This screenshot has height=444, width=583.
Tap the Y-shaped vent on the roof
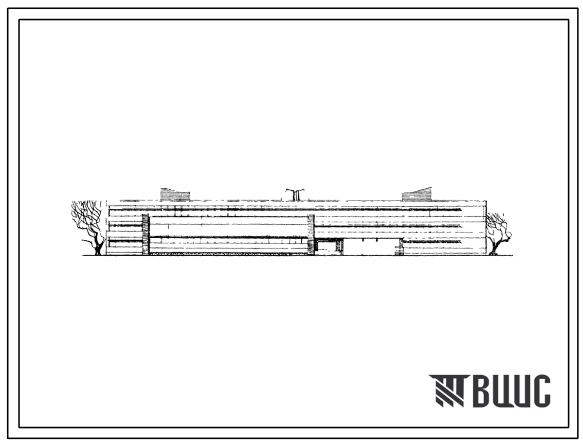pos(296,194)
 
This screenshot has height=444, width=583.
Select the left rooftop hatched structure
pos(175,194)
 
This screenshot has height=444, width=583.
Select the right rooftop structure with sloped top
pos(417,194)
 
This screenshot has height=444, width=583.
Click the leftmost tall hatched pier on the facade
pos(145,235)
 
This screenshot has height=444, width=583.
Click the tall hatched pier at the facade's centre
pos(311,235)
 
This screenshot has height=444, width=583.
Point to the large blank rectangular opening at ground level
pos(369,247)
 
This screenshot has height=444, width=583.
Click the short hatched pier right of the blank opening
pos(399,247)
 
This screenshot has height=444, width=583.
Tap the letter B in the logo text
pos(482,390)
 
